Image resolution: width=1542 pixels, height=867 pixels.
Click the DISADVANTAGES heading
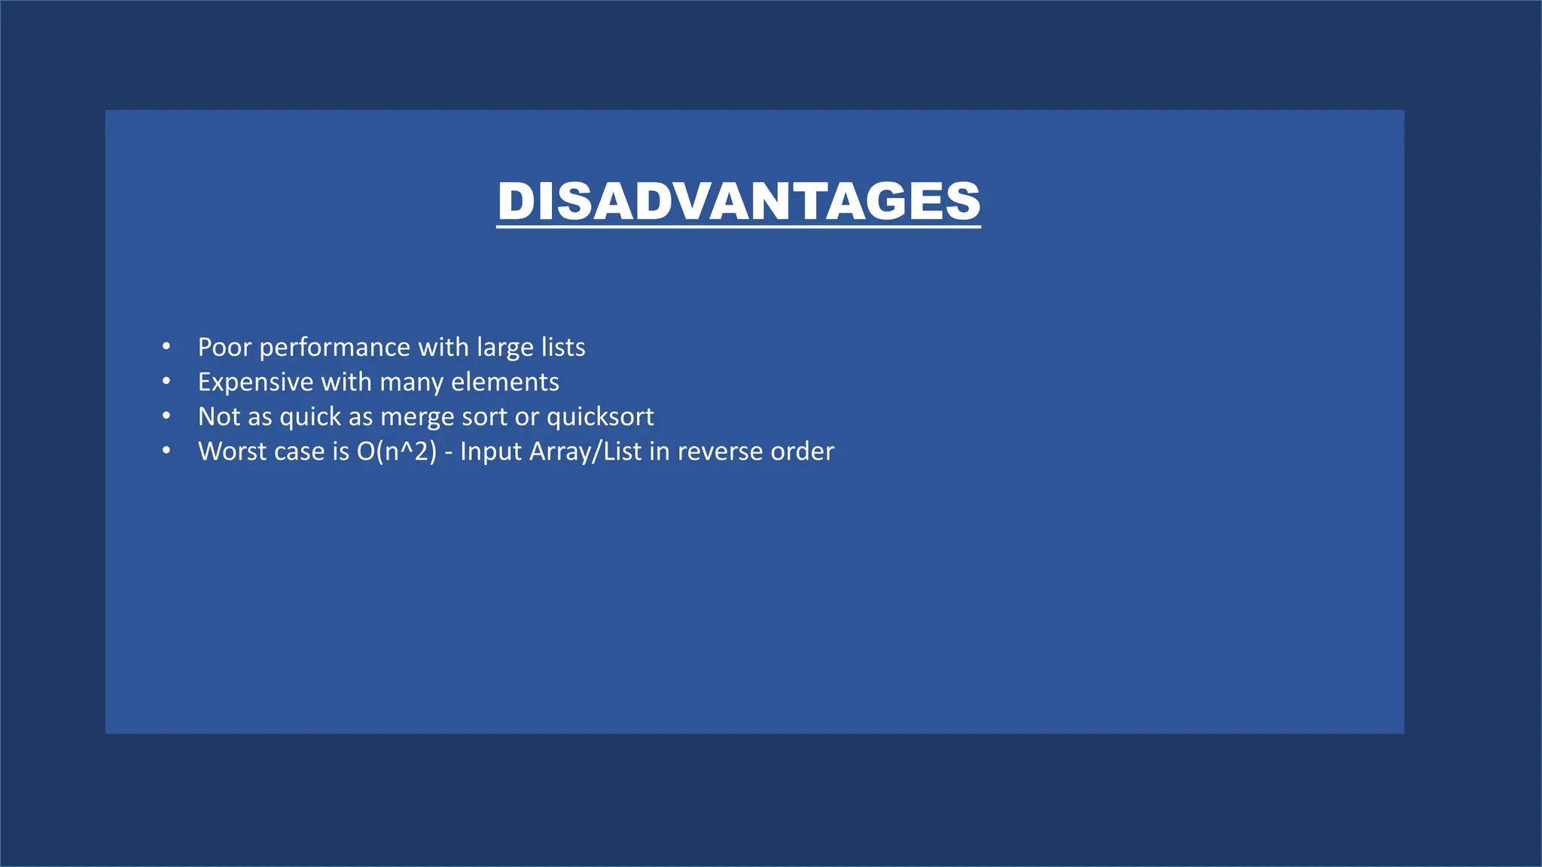click(x=739, y=201)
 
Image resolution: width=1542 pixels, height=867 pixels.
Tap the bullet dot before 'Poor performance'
click(x=166, y=347)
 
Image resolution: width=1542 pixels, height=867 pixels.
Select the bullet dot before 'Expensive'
click(x=166, y=382)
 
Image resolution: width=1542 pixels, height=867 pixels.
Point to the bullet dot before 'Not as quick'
click(x=166, y=416)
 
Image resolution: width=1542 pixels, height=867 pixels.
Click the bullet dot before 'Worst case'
click(x=166, y=451)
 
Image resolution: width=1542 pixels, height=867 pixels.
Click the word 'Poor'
click(x=224, y=347)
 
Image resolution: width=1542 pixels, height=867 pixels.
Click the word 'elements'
click(x=505, y=382)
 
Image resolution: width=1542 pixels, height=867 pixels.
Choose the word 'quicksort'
click(x=600, y=418)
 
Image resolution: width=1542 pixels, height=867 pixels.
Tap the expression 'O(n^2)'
click(x=396, y=452)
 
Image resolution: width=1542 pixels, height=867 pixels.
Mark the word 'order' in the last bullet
click(x=803, y=451)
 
